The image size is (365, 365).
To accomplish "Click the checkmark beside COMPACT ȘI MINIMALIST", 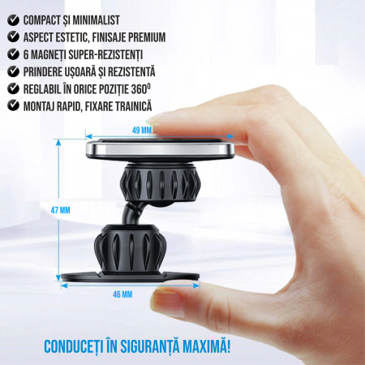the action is point(13,20).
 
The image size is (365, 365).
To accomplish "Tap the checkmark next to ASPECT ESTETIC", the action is point(13,37).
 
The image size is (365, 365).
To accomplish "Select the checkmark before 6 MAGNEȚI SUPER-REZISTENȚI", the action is point(13,54).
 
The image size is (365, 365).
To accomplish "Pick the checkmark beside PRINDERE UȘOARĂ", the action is point(13,71).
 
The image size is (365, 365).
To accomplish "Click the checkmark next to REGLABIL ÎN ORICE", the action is point(13,88).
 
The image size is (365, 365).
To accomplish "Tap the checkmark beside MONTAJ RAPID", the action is point(13,105).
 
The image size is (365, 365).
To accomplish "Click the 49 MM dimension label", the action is point(142,131).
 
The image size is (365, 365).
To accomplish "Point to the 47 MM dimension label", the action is point(60,210).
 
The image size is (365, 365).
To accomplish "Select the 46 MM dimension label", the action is point(122,294).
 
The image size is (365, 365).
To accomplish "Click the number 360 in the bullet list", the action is point(139,89).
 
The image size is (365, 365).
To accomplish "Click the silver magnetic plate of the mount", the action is point(160,149).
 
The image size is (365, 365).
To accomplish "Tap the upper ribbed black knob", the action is point(161,183).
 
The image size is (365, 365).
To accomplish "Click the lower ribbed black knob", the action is point(131,247).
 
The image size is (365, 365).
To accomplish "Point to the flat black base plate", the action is point(130,277).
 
